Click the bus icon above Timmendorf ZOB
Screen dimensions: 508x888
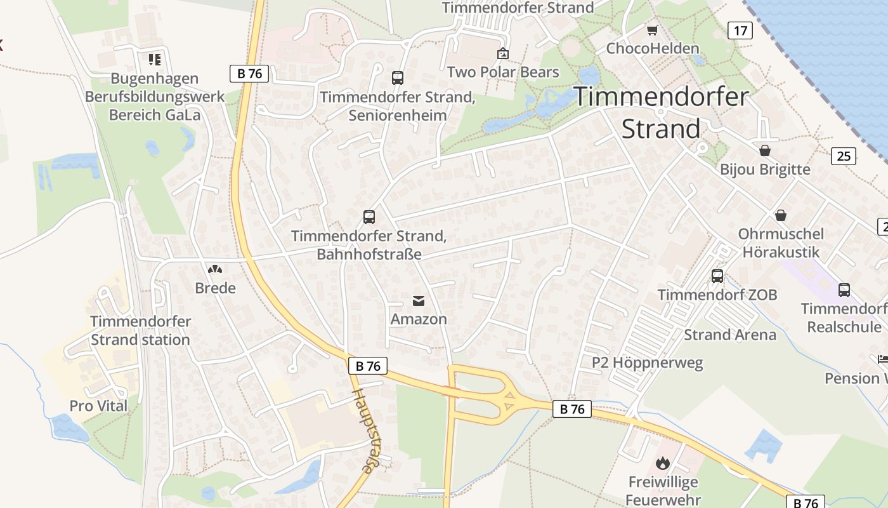717,276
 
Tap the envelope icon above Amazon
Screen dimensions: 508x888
419,300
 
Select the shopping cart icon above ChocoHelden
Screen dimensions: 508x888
652,30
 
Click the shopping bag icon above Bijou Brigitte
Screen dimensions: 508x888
765,150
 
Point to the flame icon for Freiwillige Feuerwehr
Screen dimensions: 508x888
663,463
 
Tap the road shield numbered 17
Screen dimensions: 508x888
740,30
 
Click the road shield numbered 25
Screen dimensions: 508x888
844,156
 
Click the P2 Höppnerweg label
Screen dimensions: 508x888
648,363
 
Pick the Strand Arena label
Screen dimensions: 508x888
729,335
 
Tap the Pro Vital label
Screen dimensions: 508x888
98,406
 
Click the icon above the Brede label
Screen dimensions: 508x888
215,269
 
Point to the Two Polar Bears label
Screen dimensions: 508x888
503,72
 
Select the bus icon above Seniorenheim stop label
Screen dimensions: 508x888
398,78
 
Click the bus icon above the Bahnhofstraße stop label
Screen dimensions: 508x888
369,217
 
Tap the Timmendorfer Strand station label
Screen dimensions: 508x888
140,330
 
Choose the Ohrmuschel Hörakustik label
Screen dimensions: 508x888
781,243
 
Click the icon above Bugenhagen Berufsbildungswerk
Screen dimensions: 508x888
155,60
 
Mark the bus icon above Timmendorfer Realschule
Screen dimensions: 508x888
844,290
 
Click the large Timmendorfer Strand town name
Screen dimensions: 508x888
662,112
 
